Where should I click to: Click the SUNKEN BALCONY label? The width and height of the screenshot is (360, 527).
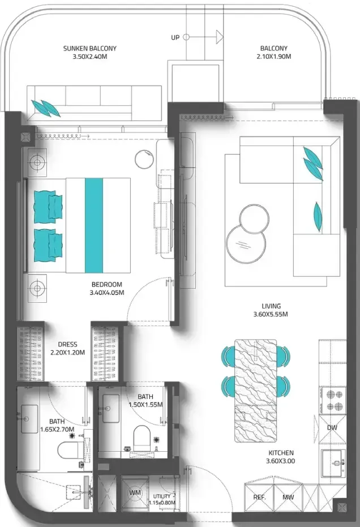coord(90,49)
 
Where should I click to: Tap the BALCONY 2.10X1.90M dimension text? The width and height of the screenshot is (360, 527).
coord(273,57)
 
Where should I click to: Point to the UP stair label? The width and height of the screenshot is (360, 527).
coord(175,37)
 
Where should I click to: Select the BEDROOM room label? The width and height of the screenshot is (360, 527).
coord(106,284)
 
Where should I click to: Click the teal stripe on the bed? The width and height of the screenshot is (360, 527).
coord(94,225)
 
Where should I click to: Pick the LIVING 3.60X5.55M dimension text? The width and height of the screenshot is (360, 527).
coord(271,315)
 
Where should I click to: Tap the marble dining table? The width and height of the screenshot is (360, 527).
coord(255,391)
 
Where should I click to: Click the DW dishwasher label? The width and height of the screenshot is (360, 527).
coord(332,428)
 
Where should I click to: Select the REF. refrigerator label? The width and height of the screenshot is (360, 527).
coord(259,497)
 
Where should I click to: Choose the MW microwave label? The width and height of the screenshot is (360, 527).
coord(288,497)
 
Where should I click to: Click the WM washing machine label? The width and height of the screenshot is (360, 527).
coord(135,492)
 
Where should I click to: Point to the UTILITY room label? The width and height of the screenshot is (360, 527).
coord(162,496)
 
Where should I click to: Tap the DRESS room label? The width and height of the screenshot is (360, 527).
coord(67,345)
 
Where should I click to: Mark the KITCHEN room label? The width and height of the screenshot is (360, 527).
coord(281,453)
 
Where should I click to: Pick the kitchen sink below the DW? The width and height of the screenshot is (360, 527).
coord(333,463)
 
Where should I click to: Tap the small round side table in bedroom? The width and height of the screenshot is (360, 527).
coord(144,158)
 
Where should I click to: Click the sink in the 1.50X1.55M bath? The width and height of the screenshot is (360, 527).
coord(110,408)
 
